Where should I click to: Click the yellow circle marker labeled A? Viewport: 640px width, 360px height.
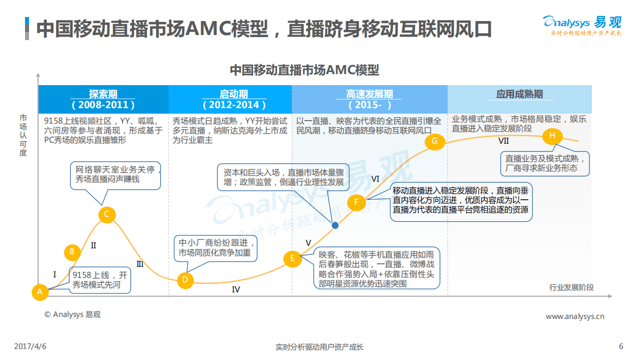pos(40,291)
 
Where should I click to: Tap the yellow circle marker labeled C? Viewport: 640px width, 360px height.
pos(107,215)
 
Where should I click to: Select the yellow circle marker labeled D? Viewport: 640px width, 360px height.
pos(185,279)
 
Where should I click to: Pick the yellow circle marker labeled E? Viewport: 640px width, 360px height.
pos(292,258)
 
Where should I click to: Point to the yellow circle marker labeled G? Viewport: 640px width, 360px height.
pos(434,141)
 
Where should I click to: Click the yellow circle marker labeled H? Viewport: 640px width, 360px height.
pos(552,136)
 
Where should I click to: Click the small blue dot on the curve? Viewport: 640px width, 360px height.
pos(335,225)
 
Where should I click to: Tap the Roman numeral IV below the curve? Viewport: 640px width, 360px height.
pos(236,289)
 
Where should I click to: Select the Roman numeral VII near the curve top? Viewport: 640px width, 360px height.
pos(503,141)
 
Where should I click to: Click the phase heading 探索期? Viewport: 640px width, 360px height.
pos(103,94)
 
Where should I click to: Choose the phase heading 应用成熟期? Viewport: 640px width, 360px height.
pos(519,94)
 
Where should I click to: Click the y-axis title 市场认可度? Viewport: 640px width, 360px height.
pos(23,135)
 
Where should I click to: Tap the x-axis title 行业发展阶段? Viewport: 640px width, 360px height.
pos(571,287)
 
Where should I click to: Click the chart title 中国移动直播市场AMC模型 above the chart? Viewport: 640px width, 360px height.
pos(304,70)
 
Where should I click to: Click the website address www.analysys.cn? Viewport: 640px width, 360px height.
pos(575,316)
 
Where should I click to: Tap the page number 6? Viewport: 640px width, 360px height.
pos(621,346)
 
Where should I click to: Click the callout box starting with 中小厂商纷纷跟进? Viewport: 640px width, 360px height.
pos(216,248)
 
